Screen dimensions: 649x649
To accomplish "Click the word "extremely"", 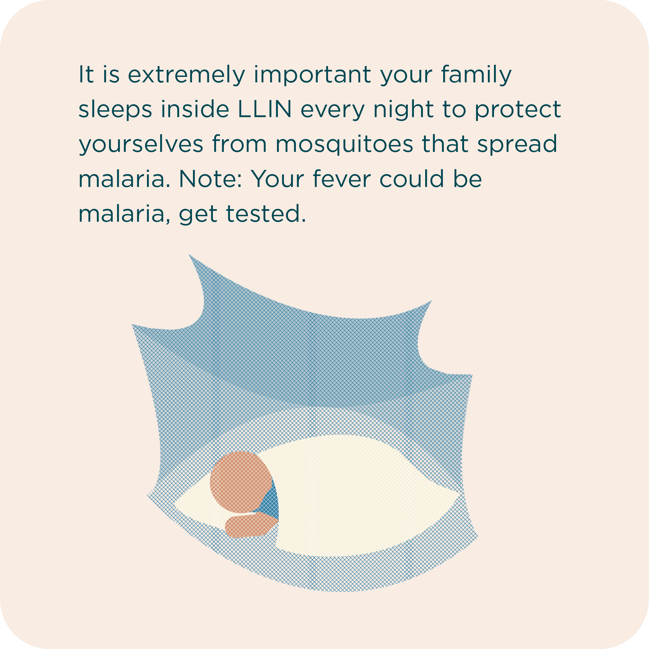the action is tap(187, 75).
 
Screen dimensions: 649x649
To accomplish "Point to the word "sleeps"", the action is tap(115, 110).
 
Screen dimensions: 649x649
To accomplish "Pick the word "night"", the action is tap(403, 110).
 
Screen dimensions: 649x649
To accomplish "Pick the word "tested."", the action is tap(266, 214).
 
